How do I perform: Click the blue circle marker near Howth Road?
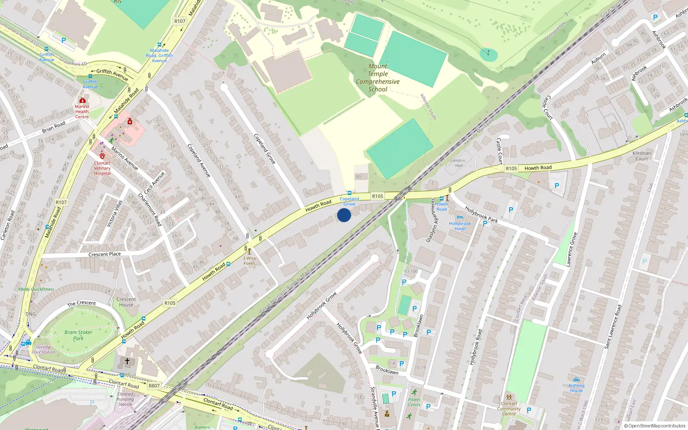point(344,215)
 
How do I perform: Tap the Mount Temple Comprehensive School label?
point(378,78)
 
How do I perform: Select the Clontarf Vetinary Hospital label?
point(102,168)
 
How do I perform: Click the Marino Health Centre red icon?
point(82,100)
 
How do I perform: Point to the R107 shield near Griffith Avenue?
point(180,21)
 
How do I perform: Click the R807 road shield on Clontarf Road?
point(154,386)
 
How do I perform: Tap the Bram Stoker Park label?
point(78,335)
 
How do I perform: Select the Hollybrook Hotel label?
point(460,226)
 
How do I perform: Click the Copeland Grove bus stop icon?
point(349,193)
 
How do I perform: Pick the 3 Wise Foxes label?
point(249,261)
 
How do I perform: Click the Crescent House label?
point(126,302)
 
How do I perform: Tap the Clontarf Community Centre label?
point(509,408)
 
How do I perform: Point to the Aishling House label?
point(576,388)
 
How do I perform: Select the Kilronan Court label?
point(642,156)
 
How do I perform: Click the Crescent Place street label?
point(104,254)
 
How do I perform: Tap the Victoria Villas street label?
point(114,214)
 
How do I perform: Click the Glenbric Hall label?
point(458,163)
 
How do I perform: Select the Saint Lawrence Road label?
point(613,327)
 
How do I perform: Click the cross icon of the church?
point(127,361)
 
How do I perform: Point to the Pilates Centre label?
point(414,402)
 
